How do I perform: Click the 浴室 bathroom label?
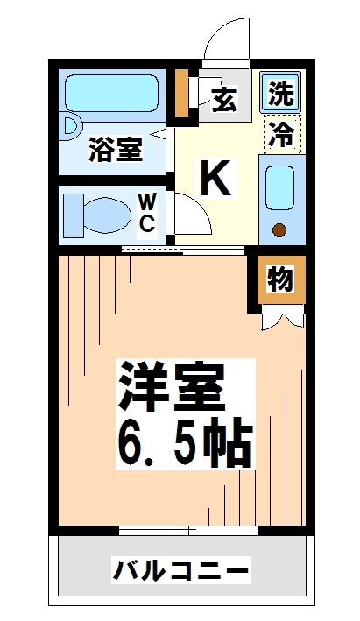coord(115,150)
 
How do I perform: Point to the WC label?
coord(147,214)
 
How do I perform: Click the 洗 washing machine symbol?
coord(280,93)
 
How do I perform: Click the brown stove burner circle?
coord(280,231)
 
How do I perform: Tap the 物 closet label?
coord(279,280)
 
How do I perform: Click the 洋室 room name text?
coord(172,385)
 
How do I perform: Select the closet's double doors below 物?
coord(282,320)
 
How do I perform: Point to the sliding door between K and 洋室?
coord(182,251)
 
